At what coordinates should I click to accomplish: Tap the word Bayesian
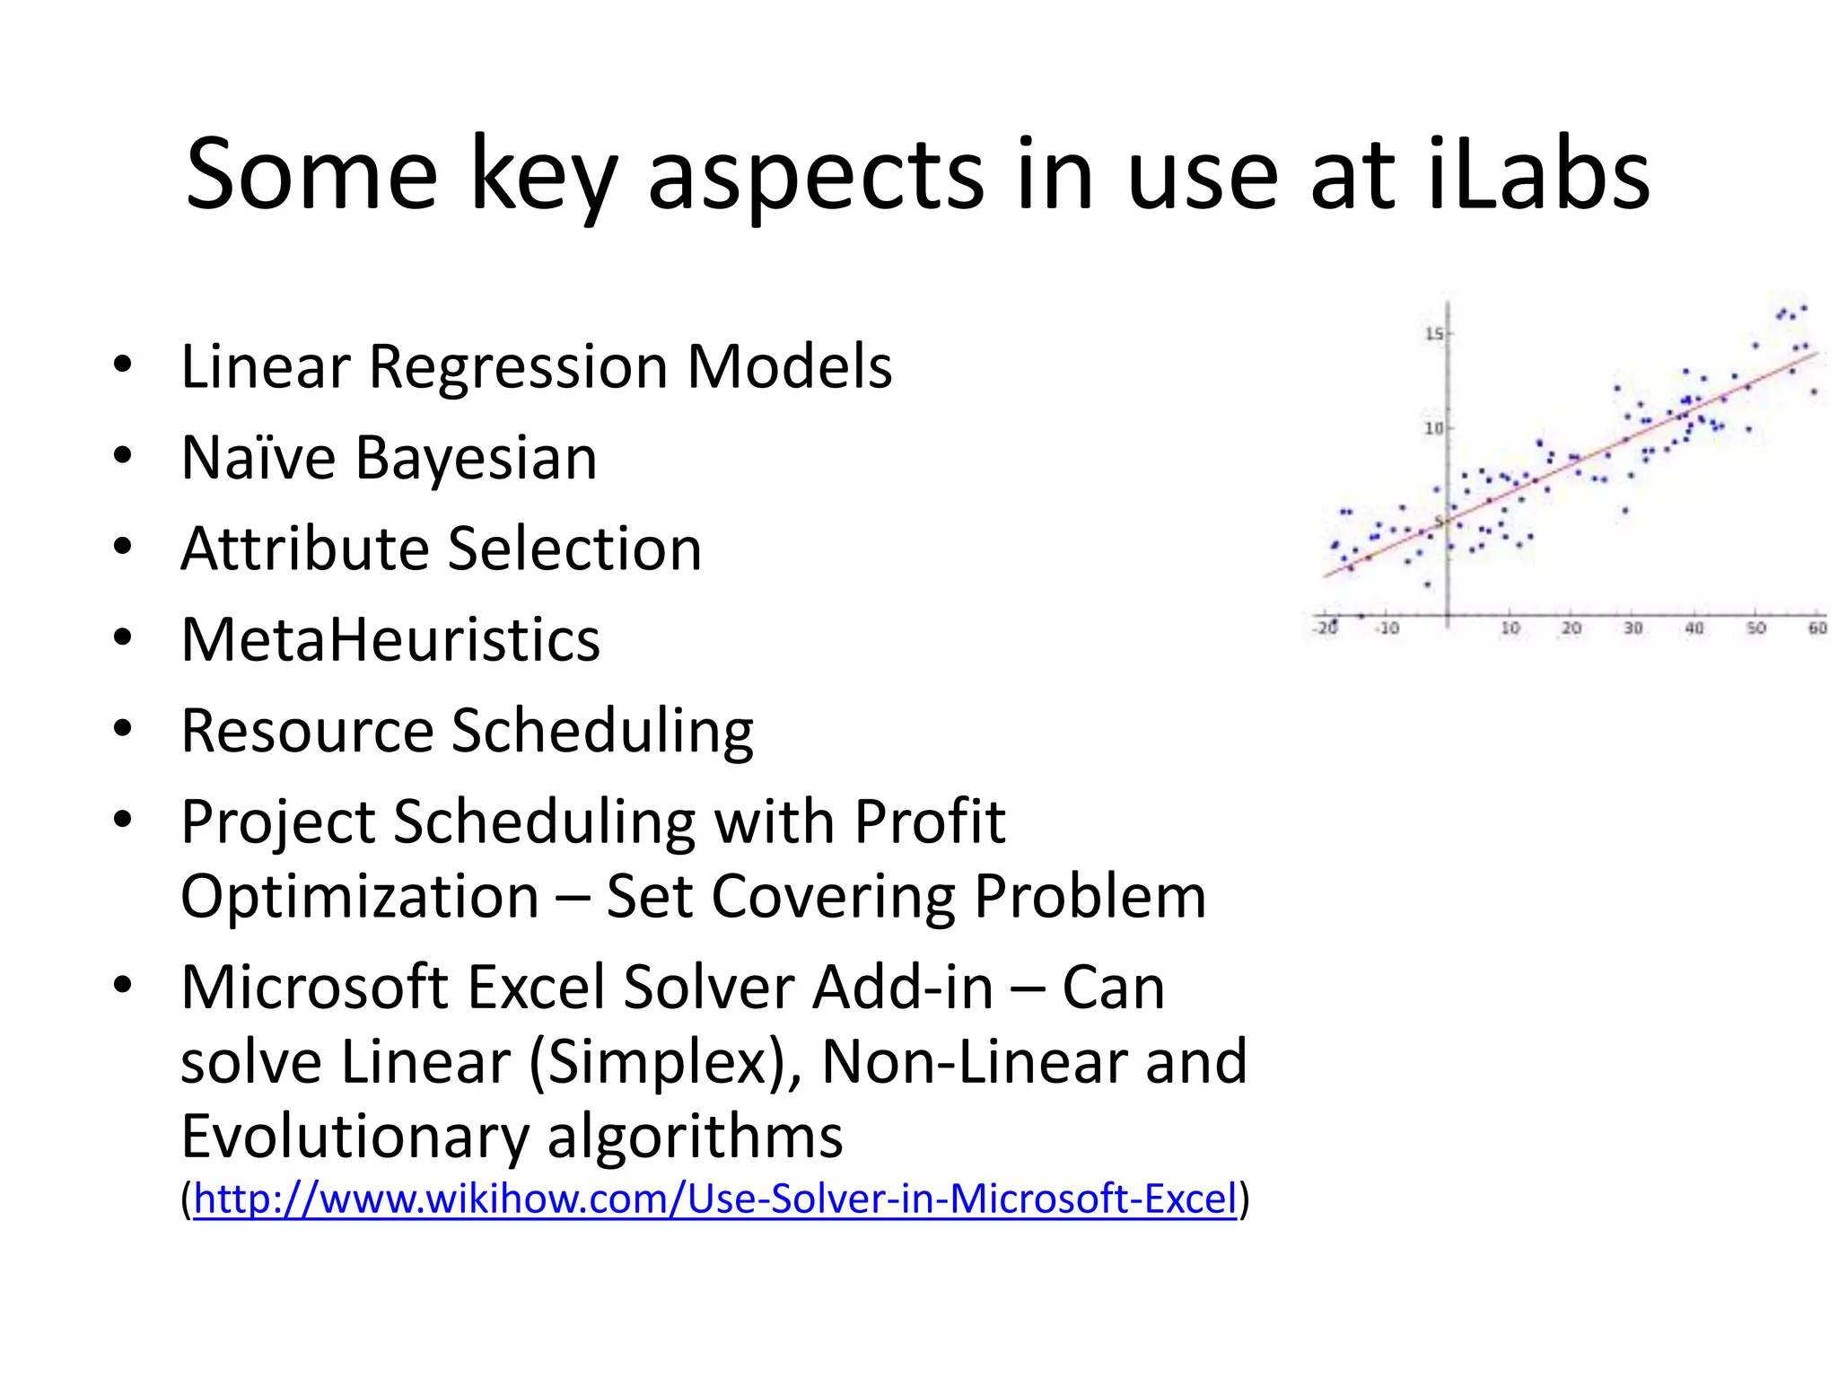pyautogui.click(x=476, y=458)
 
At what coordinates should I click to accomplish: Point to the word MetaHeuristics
pyautogui.click(x=390, y=640)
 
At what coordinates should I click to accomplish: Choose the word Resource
pyautogui.click(x=307, y=731)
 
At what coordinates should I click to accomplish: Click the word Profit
pyautogui.click(x=929, y=821)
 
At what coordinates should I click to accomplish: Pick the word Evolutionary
pyautogui.click(x=354, y=1137)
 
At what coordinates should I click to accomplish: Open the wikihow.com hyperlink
pyautogui.click(x=715, y=1199)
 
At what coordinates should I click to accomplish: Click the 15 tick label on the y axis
pyautogui.click(x=1433, y=334)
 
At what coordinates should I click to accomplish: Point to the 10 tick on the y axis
pyautogui.click(x=1433, y=428)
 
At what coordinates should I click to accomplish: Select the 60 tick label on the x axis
pyautogui.click(x=1816, y=628)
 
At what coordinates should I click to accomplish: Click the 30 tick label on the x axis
pyautogui.click(x=1632, y=628)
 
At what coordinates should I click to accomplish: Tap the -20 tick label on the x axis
pyautogui.click(x=1326, y=628)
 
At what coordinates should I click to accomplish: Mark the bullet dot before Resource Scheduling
pyautogui.click(x=123, y=728)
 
